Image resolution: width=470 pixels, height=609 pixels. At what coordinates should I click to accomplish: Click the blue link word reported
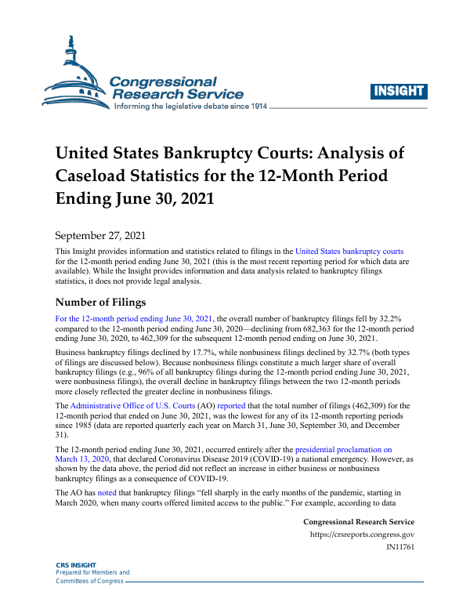pos(233,405)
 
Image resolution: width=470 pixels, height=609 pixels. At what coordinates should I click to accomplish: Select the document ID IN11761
pos(400,546)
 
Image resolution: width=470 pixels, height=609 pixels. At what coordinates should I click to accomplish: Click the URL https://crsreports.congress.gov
pos(362,535)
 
